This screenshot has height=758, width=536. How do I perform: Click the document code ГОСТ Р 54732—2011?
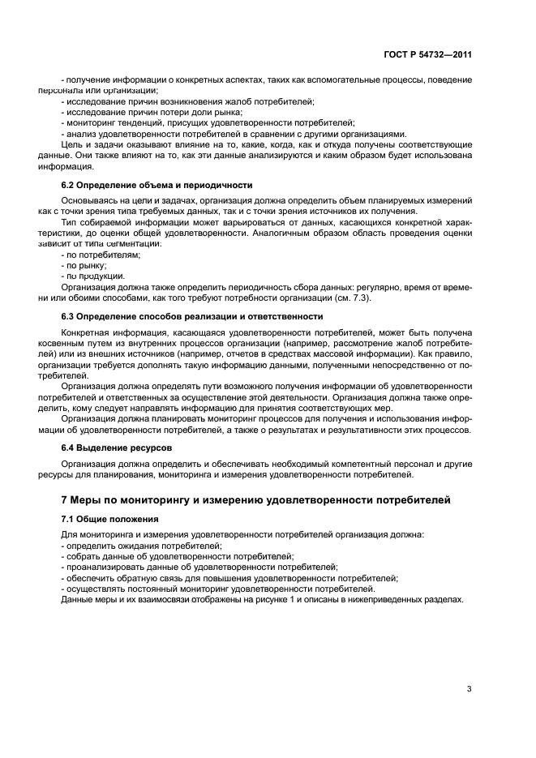(428, 54)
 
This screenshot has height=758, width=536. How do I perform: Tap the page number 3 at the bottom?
(469, 689)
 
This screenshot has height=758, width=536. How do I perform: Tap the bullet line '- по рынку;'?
(84, 265)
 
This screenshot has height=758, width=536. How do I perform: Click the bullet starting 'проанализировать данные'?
(199, 567)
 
